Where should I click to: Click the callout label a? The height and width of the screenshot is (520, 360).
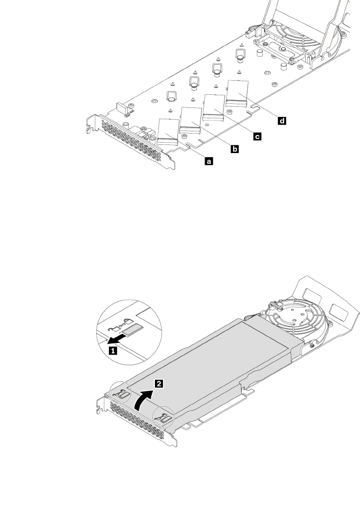209,160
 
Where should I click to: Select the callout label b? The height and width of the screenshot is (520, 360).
235,148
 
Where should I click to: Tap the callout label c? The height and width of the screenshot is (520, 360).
257,135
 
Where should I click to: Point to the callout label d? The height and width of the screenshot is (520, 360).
282,121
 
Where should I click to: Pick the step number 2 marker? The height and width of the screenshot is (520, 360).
158,385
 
